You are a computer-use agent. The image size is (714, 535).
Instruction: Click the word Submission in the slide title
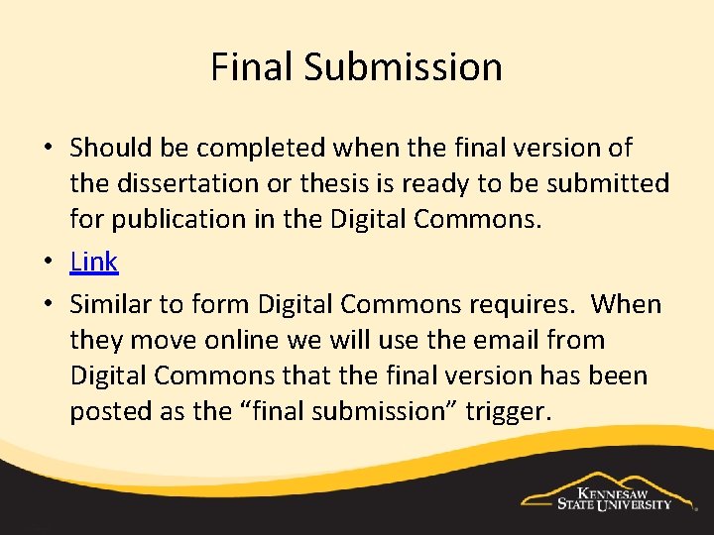[403, 67]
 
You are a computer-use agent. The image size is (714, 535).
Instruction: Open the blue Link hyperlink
[94, 262]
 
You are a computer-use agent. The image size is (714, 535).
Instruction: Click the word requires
[517, 304]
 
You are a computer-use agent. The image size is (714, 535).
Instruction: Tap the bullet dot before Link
[48, 263]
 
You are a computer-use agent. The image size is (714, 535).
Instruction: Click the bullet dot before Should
[48, 149]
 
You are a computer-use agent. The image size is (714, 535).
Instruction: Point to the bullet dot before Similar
[48, 305]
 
